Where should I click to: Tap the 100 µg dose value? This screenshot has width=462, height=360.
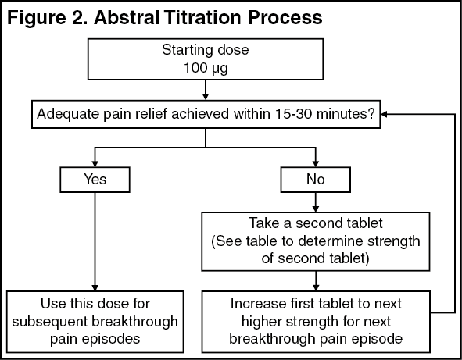coord(206,68)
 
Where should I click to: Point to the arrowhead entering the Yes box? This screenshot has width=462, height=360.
coord(95,163)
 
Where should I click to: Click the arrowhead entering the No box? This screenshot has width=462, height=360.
coord(316,163)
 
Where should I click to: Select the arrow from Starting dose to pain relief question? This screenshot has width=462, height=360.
coord(206,90)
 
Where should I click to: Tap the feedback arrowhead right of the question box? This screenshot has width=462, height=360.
coord(384,114)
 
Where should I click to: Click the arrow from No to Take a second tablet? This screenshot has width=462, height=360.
coord(316,202)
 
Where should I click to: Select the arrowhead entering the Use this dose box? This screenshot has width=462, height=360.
coord(95,287)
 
